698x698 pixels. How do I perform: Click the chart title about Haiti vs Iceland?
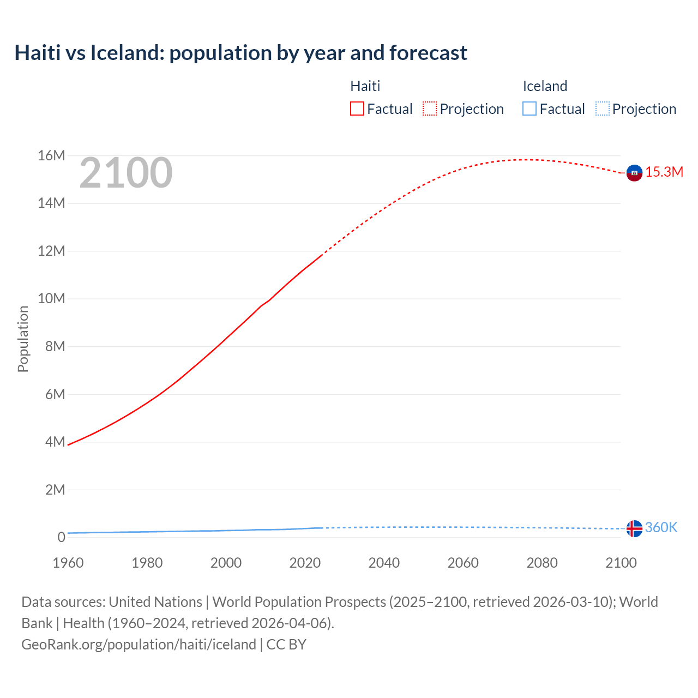click(240, 53)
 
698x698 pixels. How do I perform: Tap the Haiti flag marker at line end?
click(634, 173)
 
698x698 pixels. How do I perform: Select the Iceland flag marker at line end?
click(634, 528)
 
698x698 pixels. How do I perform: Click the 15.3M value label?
click(664, 172)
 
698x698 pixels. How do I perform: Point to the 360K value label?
click(661, 528)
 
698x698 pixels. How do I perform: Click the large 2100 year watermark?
click(126, 173)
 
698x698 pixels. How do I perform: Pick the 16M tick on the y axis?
click(51, 156)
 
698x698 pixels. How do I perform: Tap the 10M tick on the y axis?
click(51, 299)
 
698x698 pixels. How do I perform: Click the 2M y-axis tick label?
click(55, 490)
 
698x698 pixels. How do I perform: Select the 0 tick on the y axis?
click(61, 538)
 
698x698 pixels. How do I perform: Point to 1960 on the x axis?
click(68, 563)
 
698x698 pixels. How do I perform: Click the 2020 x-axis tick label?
click(305, 563)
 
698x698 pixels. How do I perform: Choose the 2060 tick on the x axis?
click(463, 563)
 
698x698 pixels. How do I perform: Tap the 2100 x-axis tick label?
click(621, 563)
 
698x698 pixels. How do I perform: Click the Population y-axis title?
click(23, 339)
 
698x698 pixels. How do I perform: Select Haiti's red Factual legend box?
click(357, 109)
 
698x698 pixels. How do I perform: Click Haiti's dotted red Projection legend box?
click(430, 109)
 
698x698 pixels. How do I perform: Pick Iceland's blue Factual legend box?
click(529, 109)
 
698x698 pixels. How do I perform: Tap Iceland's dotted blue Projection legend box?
click(602, 109)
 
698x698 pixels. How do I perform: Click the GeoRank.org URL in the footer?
click(139, 645)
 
